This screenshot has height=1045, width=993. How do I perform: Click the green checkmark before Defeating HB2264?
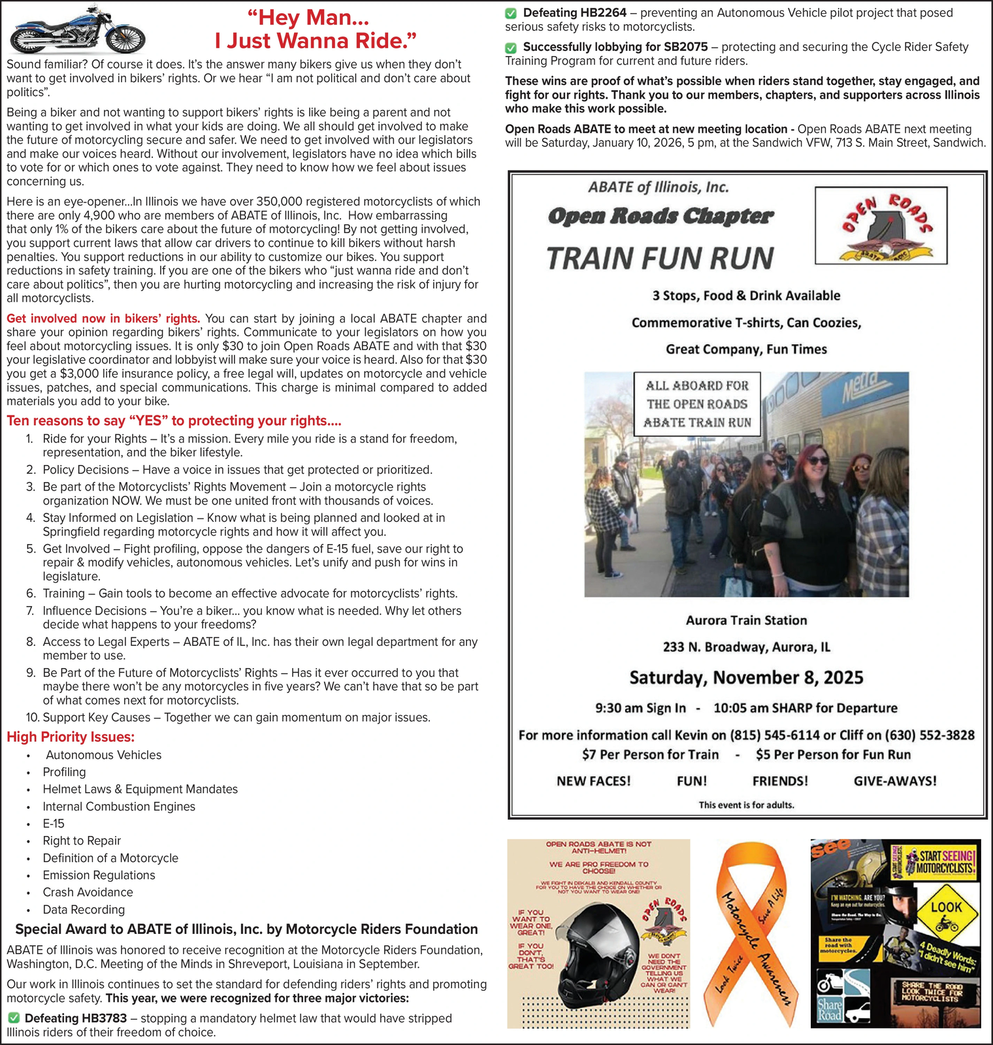coord(511,13)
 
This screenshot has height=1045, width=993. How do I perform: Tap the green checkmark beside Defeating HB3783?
coord(13,1018)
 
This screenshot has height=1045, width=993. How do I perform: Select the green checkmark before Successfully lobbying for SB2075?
coord(511,48)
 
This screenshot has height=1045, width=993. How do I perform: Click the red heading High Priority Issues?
coord(71,737)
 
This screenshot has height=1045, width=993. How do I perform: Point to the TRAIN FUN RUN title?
coord(660,258)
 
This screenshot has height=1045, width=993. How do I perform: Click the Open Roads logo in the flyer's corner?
coord(881,225)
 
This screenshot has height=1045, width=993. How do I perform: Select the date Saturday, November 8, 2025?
coord(746,678)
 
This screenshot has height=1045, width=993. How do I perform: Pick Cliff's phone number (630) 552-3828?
coord(929,735)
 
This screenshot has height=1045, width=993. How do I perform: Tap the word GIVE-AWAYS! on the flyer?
coord(895,781)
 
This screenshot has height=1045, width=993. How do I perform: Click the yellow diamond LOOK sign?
coord(946,908)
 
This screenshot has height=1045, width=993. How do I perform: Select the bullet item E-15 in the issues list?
coord(54,824)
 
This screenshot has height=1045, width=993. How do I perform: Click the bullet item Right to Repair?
coord(82,841)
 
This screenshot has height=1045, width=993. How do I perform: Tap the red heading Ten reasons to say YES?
coord(174,421)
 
